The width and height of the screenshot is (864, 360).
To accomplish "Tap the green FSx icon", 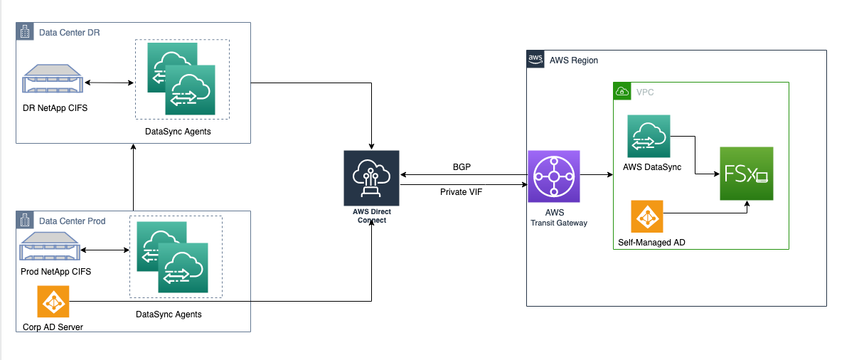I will pos(746,174).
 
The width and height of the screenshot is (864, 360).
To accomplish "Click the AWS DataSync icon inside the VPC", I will pos(649,136).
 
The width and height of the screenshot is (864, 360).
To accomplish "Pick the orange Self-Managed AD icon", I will pos(646,216).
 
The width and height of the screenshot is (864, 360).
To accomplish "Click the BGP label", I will pos(461,166).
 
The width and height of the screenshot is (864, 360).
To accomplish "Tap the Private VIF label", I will pos(461,192).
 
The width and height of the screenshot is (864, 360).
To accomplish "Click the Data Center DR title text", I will pos(69,33).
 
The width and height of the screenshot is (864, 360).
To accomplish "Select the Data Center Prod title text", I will pos(72,221).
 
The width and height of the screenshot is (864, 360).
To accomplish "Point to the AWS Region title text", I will pos(574,60).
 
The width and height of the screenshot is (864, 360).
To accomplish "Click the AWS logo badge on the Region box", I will pos(535,59).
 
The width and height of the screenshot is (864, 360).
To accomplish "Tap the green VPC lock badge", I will pos(622,91).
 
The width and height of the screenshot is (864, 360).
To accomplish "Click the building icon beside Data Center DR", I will pos(25,32).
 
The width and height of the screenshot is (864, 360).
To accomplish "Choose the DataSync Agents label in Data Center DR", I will pos(178,132).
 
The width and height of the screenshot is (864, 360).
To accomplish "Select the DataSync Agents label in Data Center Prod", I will pos(169,314).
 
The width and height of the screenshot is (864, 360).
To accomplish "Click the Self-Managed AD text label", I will pos(651,243).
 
